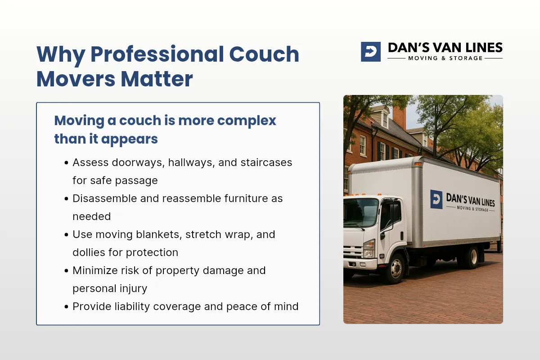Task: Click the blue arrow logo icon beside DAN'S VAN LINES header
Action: click(x=370, y=52)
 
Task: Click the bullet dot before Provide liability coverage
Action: click(x=66, y=307)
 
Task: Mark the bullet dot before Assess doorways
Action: click(x=66, y=163)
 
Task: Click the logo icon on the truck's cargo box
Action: click(x=436, y=199)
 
